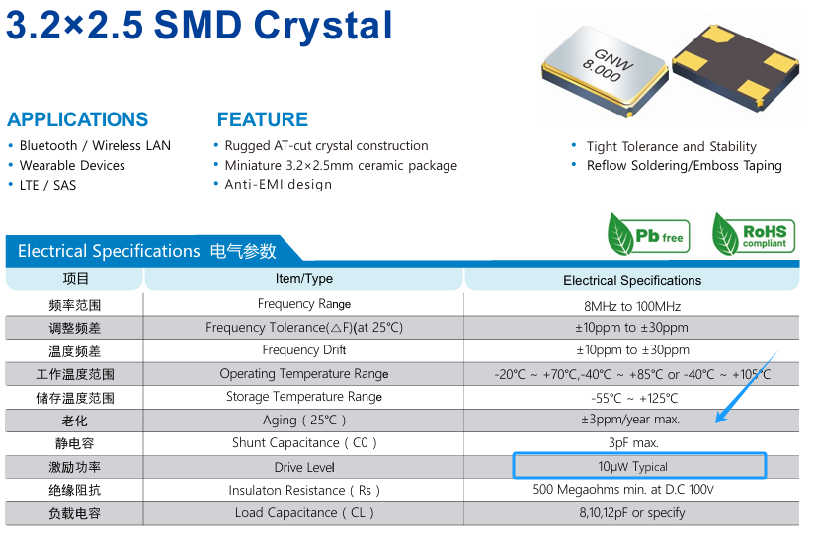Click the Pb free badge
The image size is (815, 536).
[648, 235]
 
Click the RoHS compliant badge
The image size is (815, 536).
[754, 235]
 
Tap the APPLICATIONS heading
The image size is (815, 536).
[77, 119]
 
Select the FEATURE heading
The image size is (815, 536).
[263, 119]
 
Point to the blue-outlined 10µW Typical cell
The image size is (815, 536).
[639, 465]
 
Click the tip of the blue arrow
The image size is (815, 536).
[716, 422]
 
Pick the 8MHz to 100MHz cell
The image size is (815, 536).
[632, 306]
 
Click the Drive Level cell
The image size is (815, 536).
[304, 467]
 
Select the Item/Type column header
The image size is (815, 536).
[304, 279]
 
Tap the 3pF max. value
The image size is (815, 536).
[633, 443]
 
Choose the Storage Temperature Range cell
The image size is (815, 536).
[304, 397]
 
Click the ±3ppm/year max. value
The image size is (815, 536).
[630, 420]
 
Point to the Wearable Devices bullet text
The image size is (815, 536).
[72, 165]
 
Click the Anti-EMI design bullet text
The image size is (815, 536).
[278, 185]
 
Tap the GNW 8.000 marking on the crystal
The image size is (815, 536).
[609, 65]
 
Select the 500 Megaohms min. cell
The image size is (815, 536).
[623, 490]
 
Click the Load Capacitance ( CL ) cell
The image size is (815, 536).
[304, 513]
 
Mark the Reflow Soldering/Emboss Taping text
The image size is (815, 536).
[684, 165]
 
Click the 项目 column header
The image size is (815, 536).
[75, 279]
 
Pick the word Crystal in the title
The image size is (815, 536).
[323, 26]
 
